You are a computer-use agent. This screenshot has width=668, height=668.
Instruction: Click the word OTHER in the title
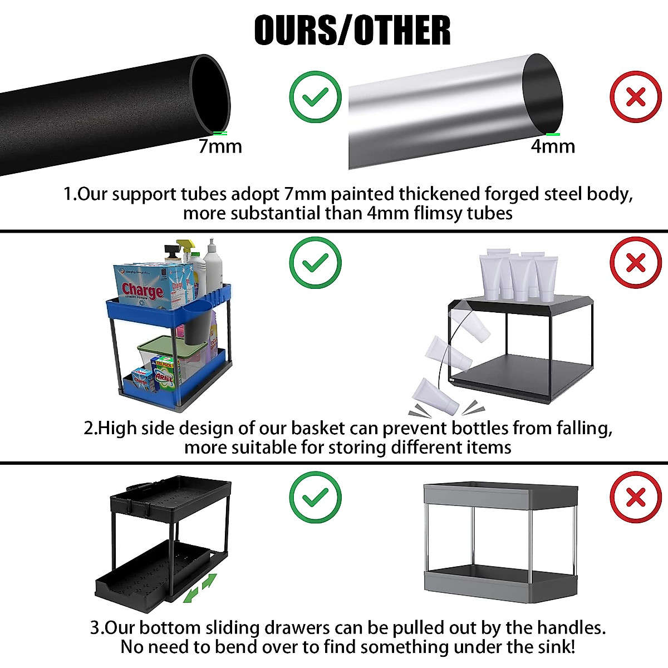click(x=402, y=31)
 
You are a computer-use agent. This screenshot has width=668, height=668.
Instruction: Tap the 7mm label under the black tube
click(x=220, y=146)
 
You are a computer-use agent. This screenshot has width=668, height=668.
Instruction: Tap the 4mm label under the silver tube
click(x=553, y=146)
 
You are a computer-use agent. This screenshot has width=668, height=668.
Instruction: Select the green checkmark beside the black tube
click(x=316, y=97)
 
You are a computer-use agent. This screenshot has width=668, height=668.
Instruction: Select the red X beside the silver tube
click(x=636, y=97)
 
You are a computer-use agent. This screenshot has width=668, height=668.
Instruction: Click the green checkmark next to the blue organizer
click(x=316, y=263)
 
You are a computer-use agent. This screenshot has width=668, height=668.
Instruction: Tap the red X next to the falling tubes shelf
click(x=636, y=263)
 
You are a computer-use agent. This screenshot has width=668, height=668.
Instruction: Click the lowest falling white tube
click(x=436, y=396)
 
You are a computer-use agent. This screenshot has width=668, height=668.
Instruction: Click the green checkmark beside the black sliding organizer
click(x=316, y=497)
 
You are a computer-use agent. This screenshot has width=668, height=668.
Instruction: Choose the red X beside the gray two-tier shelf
click(x=636, y=497)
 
